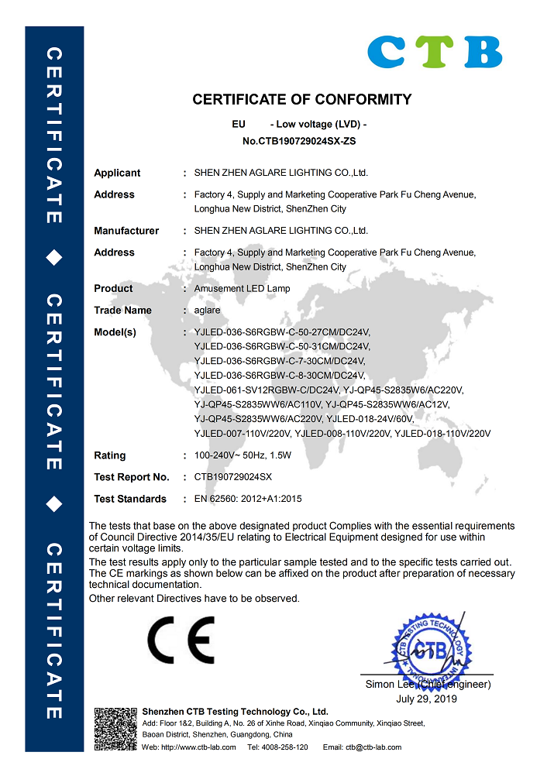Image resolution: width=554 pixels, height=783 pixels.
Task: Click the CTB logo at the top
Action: point(435,52)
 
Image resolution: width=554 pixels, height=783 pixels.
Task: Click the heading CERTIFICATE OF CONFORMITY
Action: point(301,99)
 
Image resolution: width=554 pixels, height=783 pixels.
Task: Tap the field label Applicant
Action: point(117,173)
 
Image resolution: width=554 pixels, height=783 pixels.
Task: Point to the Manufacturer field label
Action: point(126,231)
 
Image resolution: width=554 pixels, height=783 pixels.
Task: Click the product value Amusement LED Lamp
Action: point(243,288)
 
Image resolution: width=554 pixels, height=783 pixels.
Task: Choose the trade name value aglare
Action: point(207,310)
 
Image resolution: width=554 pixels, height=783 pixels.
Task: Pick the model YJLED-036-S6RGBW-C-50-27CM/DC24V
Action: point(282,332)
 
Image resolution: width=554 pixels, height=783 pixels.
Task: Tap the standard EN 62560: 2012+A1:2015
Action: point(248,499)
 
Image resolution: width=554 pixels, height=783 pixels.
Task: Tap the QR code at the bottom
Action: point(115,729)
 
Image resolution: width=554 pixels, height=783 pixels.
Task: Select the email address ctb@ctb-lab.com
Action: point(373,747)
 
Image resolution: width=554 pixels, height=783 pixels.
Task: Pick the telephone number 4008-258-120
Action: point(287,747)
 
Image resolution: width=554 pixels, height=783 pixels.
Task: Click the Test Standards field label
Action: point(130,499)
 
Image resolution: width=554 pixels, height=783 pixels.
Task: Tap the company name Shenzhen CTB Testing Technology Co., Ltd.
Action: point(235,711)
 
